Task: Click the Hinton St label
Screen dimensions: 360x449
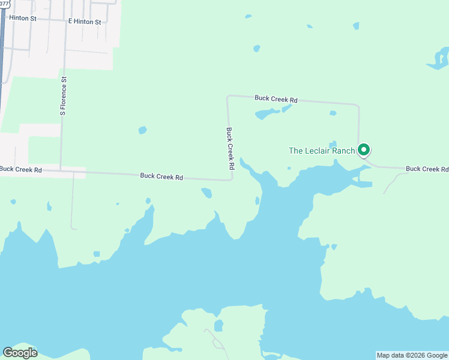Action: pyautogui.click(x=23, y=19)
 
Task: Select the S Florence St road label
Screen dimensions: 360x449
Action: pyautogui.click(x=62, y=95)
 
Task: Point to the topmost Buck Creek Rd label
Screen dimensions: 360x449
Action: pyautogui.click(x=276, y=98)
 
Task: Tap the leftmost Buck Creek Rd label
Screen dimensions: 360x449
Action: pyautogui.click(x=21, y=170)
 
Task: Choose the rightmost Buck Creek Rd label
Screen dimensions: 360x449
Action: pyautogui.click(x=427, y=169)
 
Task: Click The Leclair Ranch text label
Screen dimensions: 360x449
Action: pyautogui.click(x=322, y=151)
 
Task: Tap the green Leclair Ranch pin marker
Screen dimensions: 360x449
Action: pyautogui.click(x=363, y=149)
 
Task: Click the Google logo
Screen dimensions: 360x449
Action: pyautogui.click(x=20, y=353)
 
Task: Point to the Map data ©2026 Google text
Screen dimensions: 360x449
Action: pyautogui.click(x=412, y=355)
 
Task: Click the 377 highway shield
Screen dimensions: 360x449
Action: pyautogui.click(x=4, y=2)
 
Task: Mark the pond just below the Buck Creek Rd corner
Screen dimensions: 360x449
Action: pyautogui.click(x=206, y=193)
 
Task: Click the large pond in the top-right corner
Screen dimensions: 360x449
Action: pyautogui.click(x=439, y=59)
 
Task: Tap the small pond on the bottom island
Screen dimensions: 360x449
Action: pyautogui.click(x=219, y=326)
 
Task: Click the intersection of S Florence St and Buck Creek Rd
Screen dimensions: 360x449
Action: pyautogui.click(x=61, y=171)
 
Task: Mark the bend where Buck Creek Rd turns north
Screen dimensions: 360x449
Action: pyautogui.click(x=232, y=178)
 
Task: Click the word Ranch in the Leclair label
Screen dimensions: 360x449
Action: pyautogui.click(x=343, y=151)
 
